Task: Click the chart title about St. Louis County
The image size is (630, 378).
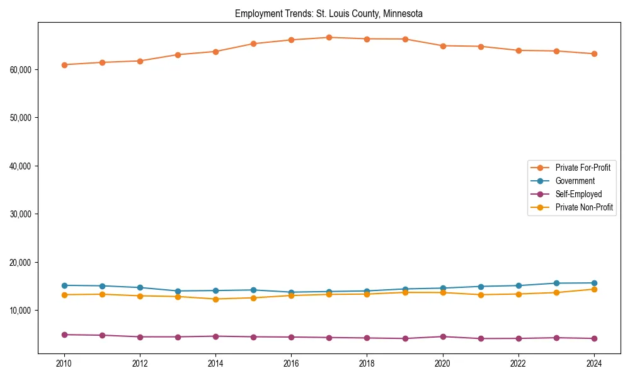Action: tap(329, 13)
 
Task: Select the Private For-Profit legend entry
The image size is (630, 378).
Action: tap(582, 168)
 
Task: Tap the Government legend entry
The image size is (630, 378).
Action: tap(575, 181)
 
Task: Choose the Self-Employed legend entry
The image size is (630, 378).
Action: tap(578, 194)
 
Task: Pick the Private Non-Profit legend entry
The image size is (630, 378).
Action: tap(584, 207)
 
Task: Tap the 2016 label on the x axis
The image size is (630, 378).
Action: tap(291, 364)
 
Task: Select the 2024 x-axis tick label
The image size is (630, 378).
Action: tap(593, 364)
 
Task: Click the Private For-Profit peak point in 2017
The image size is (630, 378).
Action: tap(329, 37)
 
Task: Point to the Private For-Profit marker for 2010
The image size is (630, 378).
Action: tap(64, 65)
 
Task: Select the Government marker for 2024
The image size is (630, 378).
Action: tap(593, 283)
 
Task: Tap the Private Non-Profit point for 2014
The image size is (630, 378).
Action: tap(215, 299)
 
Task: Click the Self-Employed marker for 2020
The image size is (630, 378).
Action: tap(442, 336)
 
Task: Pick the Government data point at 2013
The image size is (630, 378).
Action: tap(178, 291)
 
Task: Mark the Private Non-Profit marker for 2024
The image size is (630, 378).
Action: tap(593, 289)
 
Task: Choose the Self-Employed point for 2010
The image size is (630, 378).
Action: tap(64, 335)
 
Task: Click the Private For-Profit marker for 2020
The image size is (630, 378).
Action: tap(442, 46)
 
